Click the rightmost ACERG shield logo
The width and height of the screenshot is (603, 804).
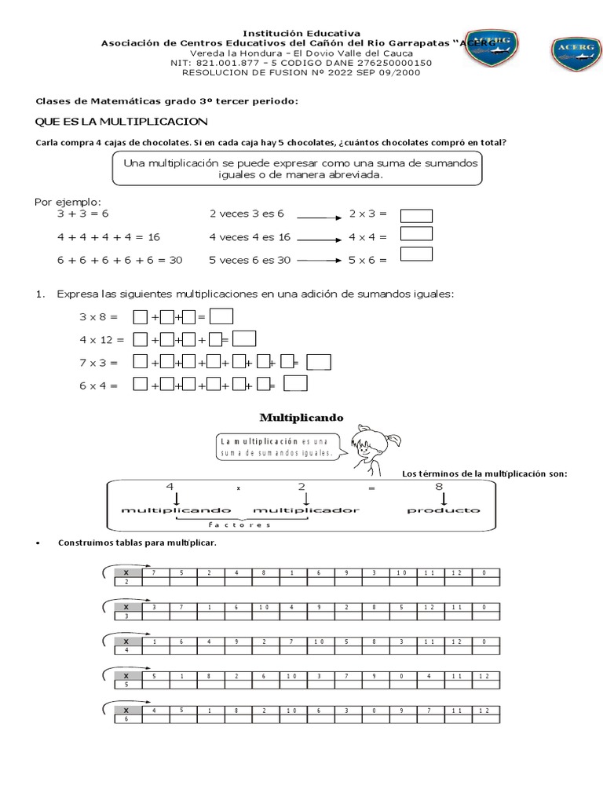tap(576, 53)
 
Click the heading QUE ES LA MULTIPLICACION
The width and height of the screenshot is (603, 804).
tap(122, 121)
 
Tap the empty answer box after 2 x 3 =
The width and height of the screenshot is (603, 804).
tap(416, 215)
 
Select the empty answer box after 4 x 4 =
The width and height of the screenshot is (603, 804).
tap(416, 234)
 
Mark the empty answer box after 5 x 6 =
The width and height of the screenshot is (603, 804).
tap(416, 254)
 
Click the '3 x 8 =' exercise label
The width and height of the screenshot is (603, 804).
tap(97, 317)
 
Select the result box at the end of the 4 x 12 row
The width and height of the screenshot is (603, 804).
tap(245, 339)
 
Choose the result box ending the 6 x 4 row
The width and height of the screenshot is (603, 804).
tap(295, 384)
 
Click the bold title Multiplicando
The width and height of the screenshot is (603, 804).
tap(301, 418)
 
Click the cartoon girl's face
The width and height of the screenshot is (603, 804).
tap(364, 447)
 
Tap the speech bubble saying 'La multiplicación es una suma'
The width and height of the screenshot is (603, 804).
tap(276, 447)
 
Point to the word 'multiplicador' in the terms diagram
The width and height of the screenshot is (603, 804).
tap(306, 510)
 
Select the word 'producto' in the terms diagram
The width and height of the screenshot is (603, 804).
tap(443, 510)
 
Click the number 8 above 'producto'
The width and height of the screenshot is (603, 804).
tap(440, 486)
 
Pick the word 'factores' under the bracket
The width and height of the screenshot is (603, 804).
tap(239, 525)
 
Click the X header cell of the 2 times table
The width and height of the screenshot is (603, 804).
tap(126, 573)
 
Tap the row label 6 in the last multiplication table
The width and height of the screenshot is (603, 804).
tap(126, 719)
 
